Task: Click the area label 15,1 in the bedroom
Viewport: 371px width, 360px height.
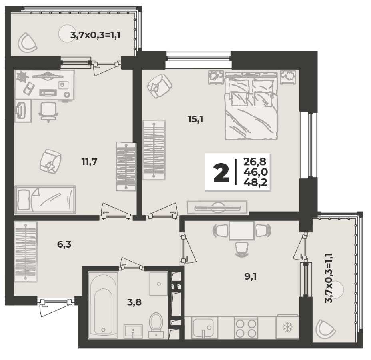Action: pos(195,119)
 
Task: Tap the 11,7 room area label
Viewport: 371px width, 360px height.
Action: pos(89,162)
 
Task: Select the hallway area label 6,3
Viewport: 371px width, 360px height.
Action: pos(64,244)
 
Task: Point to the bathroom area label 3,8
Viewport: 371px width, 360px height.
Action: pos(134,302)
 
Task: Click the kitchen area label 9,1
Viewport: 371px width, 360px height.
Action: pos(251,276)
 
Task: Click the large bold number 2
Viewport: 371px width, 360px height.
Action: pos(221,174)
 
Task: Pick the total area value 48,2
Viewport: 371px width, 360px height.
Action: pos(255,182)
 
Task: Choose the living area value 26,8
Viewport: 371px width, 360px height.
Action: pos(255,162)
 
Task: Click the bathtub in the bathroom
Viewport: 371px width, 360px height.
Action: pos(103,305)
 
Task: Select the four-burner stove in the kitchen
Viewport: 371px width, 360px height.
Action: pos(246,328)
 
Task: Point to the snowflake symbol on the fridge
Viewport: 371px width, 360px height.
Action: pos(287,328)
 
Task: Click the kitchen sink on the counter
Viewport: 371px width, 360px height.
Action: pos(203,328)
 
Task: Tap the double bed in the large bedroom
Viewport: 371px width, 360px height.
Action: pos(251,106)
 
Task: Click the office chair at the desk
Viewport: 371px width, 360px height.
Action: pos(48,112)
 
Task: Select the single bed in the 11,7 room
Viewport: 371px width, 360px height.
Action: pos(45,200)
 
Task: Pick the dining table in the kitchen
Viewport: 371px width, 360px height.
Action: pos(242,230)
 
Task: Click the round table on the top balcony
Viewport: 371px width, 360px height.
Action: pos(68,34)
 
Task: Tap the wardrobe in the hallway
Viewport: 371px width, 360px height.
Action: pos(26,252)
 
